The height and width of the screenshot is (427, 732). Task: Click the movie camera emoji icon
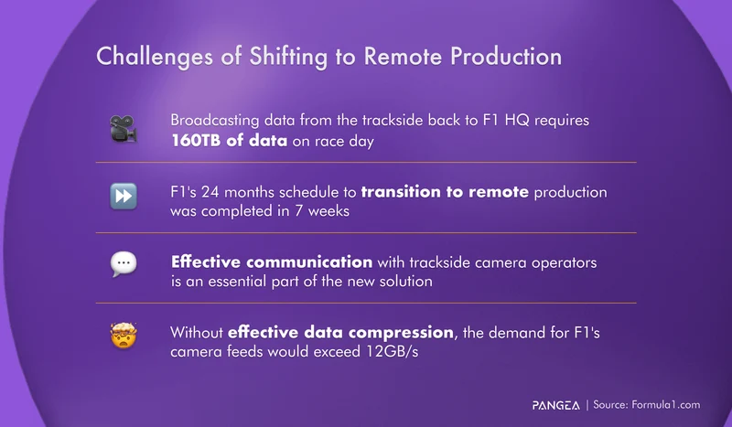click(x=123, y=130)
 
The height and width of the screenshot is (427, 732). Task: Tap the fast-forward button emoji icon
click(x=123, y=200)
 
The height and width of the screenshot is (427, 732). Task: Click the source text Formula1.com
click(x=665, y=403)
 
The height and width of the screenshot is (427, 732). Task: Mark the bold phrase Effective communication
click(x=271, y=262)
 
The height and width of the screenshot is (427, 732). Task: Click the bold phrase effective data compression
click(x=340, y=333)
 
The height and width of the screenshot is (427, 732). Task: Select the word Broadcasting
click(x=217, y=122)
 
